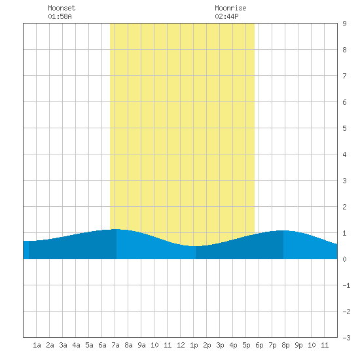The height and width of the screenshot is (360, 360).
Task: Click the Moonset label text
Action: [x=62, y=8]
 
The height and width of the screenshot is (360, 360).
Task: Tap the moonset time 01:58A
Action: [x=60, y=16]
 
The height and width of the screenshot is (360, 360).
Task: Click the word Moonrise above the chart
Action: [x=230, y=8]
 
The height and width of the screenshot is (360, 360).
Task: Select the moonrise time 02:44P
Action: [x=226, y=16]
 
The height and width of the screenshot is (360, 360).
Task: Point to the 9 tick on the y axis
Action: [x=344, y=24]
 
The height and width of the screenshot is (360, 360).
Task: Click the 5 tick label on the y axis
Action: [x=344, y=128]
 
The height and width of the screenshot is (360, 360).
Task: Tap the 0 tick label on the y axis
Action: [x=344, y=259]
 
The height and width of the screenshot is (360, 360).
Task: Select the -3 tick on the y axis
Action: [x=346, y=338]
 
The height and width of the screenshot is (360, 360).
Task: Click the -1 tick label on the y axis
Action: [x=346, y=285]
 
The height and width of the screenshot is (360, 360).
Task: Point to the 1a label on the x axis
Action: [x=37, y=345]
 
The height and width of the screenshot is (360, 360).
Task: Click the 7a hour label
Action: [x=115, y=345]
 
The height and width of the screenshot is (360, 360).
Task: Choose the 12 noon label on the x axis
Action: [x=181, y=345]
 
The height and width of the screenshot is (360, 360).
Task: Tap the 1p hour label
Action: [x=194, y=345]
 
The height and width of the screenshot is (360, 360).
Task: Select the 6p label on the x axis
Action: [x=259, y=345]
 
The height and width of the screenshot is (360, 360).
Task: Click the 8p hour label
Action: [x=285, y=345]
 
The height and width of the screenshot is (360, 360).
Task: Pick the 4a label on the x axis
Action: [x=76, y=345]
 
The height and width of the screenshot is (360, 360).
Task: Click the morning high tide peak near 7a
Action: [x=117, y=229]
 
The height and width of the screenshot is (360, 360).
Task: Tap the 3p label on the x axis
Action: [x=220, y=345]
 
